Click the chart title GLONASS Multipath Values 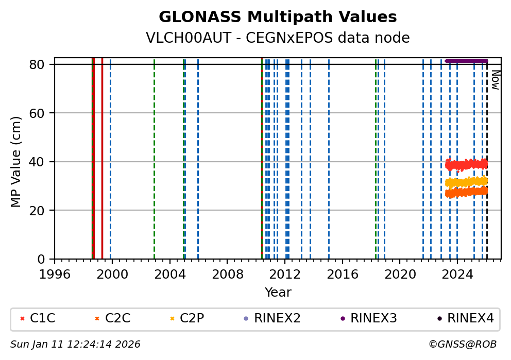click(x=278, y=17)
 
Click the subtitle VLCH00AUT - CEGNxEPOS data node click(x=278, y=38)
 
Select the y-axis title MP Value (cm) click(x=16, y=162)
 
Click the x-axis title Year click(x=278, y=293)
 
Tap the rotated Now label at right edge click(x=495, y=80)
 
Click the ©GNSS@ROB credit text click(x=462, y=344)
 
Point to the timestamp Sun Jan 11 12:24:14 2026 click(x=75, y=344)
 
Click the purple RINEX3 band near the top click(x=466, y=61)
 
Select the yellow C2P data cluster click(x=466, y=182)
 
